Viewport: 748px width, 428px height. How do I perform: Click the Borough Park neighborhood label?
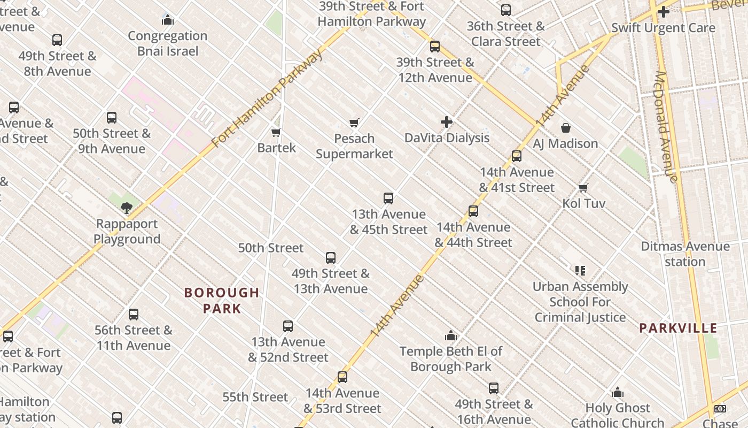(x=222, y=301)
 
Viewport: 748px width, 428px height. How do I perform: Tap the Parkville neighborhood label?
(x=678, y=328)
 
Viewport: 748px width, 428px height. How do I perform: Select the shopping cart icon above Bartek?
(x=276, y=132)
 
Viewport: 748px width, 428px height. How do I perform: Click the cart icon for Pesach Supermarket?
(x=354, y=123)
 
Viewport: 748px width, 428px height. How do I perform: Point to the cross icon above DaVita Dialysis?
(x=447, y=123)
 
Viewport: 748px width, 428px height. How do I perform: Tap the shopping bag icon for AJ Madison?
(x=565, y=128)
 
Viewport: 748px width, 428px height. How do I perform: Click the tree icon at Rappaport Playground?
(x=127, y=208)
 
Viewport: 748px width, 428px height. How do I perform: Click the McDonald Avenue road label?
(x=666, y=127)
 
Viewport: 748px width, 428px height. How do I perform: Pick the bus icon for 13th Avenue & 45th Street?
(x=388, y=198)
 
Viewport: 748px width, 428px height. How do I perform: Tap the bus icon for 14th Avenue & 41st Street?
(x=516, y=156)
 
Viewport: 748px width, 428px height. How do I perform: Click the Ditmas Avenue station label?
(x=685, y=254)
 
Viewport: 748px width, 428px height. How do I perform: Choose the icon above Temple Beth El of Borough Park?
(x=451, y=336)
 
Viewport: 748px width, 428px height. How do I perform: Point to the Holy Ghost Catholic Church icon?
(x=618, y=393)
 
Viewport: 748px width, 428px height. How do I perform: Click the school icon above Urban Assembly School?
(x=580, y=271)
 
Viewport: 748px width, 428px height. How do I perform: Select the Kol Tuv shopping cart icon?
(x=583, y=188)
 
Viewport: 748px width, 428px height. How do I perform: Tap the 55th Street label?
(x=255, y=397)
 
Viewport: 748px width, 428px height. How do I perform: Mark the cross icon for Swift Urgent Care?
(x=663, y=12)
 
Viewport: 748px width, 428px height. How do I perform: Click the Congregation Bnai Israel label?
(x=168, y=43)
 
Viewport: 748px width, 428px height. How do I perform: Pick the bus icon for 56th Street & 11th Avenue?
(x=134, y=315)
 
